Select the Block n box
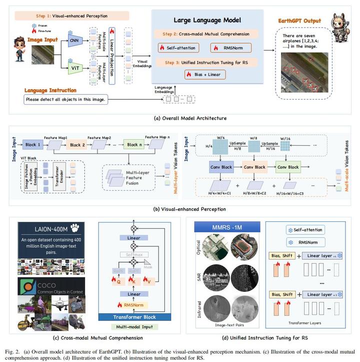(x=133, y=144)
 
